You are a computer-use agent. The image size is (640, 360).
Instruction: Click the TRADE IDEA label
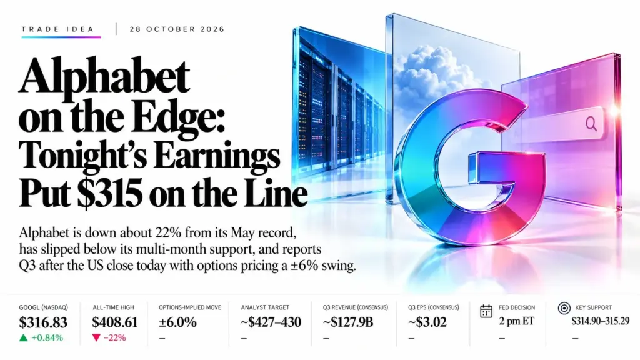[x=58, y=29]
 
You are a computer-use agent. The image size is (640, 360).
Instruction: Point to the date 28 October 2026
[x=177, y=29]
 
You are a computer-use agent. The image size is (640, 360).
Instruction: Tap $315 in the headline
[x=110, y=194]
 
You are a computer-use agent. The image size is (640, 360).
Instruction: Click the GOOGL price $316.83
[x=43, y=322]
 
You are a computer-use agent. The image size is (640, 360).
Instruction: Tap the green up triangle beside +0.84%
[x=24, y=337]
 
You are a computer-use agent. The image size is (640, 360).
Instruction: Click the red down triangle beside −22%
[x=97, y=337]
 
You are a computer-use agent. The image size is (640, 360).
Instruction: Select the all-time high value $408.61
[x=115, y=322]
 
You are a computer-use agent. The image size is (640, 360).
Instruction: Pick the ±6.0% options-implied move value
[x=177, y=322]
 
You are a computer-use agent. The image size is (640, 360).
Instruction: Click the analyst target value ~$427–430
[x=271, y=322]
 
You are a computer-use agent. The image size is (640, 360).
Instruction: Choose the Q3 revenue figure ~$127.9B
[x=348, y=322]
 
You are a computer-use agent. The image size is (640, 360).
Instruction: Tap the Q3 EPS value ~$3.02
[x=427, y=322]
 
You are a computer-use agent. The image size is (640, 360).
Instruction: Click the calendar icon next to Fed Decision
[x=486, y=311]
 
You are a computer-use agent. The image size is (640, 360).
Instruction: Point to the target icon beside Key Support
[x=564, y=309]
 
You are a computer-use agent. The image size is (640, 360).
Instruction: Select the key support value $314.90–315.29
[x=601, y=321]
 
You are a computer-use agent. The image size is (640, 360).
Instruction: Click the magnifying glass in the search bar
[x=591, y=123]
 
